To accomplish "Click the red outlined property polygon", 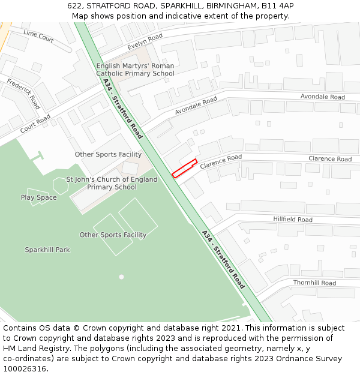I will (185, 168).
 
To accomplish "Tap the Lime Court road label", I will (38, 35).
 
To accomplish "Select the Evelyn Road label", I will (145, 41).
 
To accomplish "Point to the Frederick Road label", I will (23, 91).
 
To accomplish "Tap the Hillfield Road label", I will (293, 220).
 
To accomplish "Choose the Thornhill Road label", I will (314, 283).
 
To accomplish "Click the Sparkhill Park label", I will (47, 250).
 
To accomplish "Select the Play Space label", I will (38, 197).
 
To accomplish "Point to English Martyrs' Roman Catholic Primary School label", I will (135, 70).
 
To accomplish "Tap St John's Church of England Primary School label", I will (112, 183).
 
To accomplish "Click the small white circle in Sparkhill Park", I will (121, 277).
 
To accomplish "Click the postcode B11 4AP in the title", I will (277, 6).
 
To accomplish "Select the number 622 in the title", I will (75, 6).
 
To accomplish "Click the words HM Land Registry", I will (32, 348).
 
